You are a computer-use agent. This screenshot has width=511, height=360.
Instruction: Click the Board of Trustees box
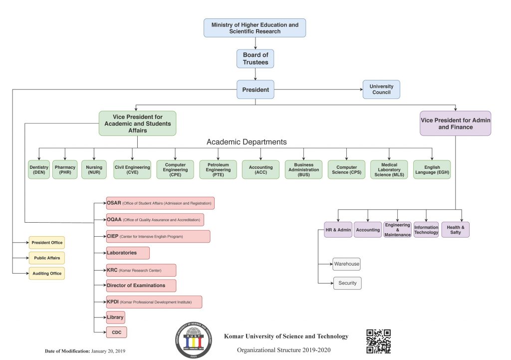(255, 59)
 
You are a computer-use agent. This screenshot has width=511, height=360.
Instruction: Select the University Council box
(381, 89)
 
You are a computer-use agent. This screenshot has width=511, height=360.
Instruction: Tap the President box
(255, 89)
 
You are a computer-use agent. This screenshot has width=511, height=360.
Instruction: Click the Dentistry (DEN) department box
(39, 170)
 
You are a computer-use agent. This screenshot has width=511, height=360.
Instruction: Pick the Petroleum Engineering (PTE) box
(218, 170)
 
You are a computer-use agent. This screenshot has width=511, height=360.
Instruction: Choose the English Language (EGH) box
(432, 170)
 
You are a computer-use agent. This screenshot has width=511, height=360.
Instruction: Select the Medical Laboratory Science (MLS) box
(389, 170)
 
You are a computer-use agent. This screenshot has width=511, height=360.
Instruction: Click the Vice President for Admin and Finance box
(455, 123)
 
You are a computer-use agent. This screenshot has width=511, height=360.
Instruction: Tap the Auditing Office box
(47, 273)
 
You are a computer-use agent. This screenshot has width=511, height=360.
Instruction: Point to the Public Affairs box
(47, 258)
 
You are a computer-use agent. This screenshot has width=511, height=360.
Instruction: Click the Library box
(115, 317)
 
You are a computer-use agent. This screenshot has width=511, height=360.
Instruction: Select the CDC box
(116, 332)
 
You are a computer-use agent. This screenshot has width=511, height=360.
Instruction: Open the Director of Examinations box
(141, 285)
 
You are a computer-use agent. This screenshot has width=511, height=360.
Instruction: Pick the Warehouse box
(346, 264)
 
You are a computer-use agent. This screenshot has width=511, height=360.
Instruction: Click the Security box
(347, 283)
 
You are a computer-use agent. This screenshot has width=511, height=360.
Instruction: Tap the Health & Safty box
(455, 230)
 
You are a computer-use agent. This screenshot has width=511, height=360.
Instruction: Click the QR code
(378, 342)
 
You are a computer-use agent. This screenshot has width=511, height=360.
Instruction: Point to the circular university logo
(194, 340)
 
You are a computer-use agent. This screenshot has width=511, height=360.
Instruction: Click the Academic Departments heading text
(247, 142)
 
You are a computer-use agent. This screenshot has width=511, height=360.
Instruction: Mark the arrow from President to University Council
(318, 89)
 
